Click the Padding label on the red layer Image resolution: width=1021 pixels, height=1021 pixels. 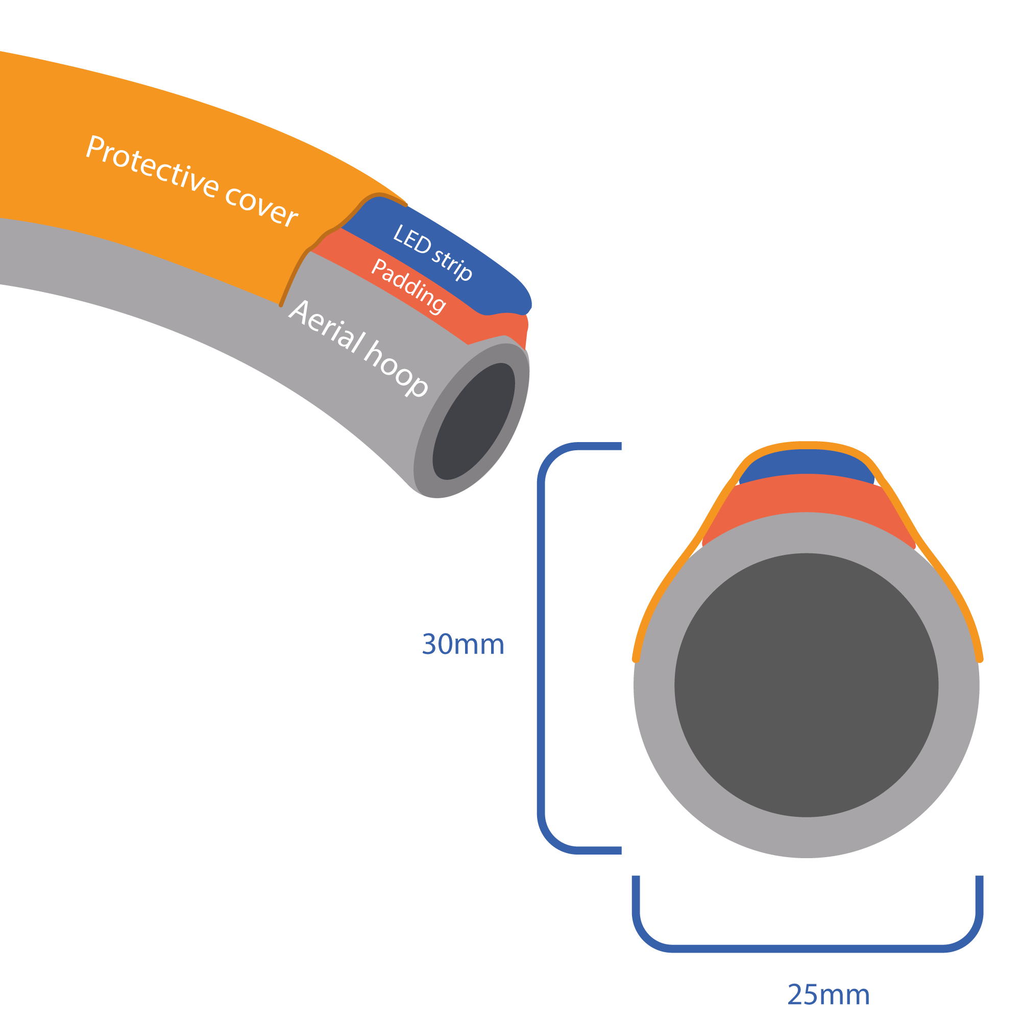pyautogui.click(x=408, y=286)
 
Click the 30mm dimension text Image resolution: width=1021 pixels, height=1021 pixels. pyautogui.click(x=463, y=645)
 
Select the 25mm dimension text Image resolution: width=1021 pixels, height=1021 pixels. pyautogui.click(x=828, y=995)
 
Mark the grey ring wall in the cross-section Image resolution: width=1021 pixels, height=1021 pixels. pyautogui.click(x=806, y=837)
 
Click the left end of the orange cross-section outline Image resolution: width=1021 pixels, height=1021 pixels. pyautogui.click(x=636, y=659)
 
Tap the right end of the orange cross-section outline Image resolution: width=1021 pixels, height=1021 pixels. pyautogui.click(x=980, y=659)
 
